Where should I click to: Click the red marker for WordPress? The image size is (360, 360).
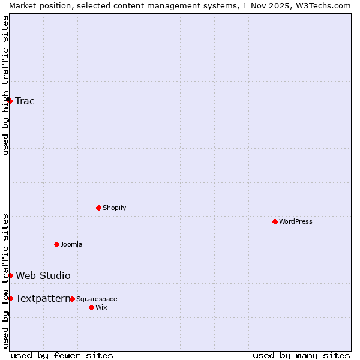tap(275, 221)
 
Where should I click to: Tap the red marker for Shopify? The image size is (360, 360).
tap(98, 208)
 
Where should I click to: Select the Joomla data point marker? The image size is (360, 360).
tap(56, 244)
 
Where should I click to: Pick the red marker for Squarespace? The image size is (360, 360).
tap(72, 299)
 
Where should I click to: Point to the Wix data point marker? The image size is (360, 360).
tap(91, 307)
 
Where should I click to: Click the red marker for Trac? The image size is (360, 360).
tap(10, 101)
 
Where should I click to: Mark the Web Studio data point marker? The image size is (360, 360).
tap(11, 275)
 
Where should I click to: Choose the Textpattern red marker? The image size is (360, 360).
tap(10, 298)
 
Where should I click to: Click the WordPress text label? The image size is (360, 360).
tap(296, 221)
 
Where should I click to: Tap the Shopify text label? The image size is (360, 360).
tap(114, 208)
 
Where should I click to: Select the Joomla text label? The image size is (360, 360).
tap(71, 244)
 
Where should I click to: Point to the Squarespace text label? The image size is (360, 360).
tap(97, 299)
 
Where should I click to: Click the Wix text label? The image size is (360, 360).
tap(101, 307)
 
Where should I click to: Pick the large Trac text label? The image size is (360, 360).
tap(25, 101)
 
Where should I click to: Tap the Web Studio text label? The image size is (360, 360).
tap(43, 275)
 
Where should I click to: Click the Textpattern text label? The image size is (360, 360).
tap(43, 298)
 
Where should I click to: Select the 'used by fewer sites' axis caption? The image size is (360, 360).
tap(62, 355)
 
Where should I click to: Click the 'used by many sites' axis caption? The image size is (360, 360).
tap(301, 355)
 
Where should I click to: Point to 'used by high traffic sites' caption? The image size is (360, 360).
tap(5, 85)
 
